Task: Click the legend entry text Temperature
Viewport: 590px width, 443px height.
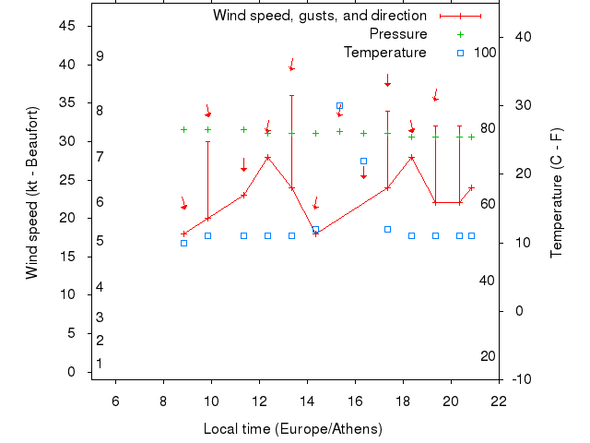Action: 384,53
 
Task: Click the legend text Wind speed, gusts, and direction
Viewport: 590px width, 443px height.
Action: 319,16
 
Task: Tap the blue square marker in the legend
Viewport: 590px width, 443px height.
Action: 461,53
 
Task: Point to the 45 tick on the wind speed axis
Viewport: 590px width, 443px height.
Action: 67,26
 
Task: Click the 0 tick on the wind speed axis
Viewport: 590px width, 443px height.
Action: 71,372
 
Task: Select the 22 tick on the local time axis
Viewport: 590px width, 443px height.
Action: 499,401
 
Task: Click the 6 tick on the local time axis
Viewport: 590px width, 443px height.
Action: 115,401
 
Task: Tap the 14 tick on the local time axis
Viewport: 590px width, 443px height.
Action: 307,401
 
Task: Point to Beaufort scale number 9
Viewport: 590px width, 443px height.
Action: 100,56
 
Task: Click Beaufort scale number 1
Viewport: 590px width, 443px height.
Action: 100,364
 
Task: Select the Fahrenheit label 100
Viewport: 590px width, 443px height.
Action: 485,52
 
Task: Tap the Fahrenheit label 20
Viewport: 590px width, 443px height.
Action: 488,356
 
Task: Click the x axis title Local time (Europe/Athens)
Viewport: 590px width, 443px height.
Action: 292,429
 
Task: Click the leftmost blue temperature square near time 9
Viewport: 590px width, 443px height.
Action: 183,243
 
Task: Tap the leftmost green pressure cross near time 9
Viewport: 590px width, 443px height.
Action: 183,129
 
